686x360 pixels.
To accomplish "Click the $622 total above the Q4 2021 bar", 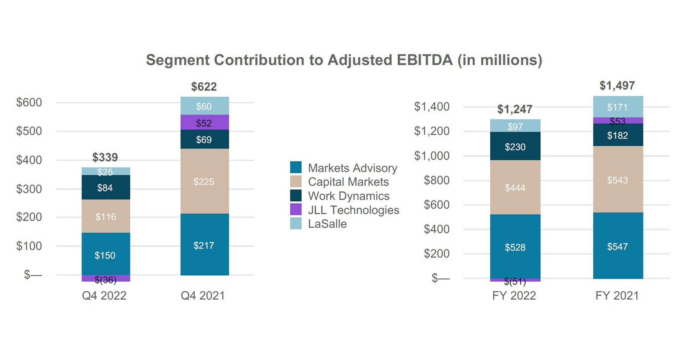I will (204, 87).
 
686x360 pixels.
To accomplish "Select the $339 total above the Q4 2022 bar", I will (105, 157).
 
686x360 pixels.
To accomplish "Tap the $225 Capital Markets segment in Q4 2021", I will (204, 182).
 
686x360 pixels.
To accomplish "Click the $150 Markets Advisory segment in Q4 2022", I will (105, 255).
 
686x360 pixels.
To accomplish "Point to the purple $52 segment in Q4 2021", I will (204, 123).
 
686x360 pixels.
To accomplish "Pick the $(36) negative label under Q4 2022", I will (106, 280).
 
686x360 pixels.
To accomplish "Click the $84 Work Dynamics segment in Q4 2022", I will (105, 188).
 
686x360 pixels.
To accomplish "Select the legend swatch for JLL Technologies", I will (296, 210).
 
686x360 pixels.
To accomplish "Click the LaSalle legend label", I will (327, 224).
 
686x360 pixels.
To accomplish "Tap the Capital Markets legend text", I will (348, 182).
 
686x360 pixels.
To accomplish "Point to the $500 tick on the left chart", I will (29, 131).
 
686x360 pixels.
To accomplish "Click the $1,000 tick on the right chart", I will (432, 156).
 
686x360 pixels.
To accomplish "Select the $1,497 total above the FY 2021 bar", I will (617, 86).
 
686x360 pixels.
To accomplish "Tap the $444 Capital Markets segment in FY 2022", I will (515, 188).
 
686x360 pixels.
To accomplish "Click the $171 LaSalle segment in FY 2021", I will (618, 107).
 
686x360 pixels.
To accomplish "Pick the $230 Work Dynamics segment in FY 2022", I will (515, 147).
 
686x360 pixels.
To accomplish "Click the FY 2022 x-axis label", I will (514, 296).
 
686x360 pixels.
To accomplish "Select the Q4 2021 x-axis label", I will (203, 296).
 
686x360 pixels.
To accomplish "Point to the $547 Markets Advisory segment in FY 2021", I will (618, 247).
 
